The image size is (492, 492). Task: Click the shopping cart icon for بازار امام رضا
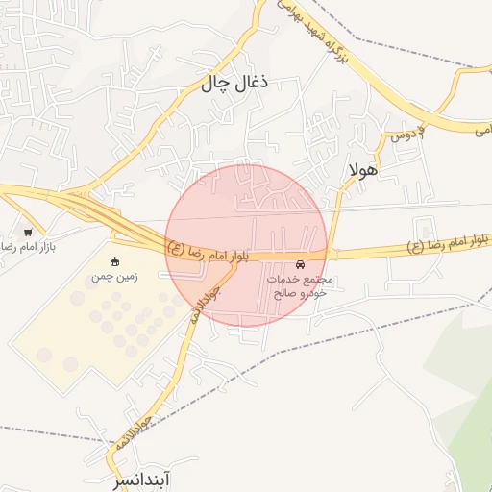pyautogui.click(x=28, y=232)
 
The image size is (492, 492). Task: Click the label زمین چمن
pyautogui.click(x=115, y=277)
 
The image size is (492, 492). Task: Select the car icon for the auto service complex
pyautogui.click(x=301, y=264)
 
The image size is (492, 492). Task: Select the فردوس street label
pyautogui.click(x=406, y=135)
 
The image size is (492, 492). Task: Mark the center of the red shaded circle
pyautogui.click(x=247, y=245)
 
